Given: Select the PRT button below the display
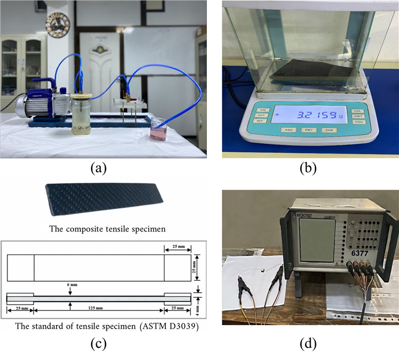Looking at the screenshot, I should pos(308,130).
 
